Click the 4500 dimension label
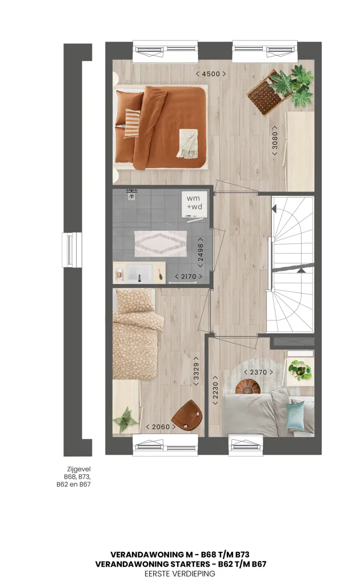point(211,74)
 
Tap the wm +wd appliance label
point(194,202)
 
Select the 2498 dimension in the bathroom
point(201,253)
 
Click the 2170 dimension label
point(189,277)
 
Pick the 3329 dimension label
point(196,371)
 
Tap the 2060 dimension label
point(161,426)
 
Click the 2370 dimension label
point(258,372)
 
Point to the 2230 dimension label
point(215,390)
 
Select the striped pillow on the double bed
point(131,123)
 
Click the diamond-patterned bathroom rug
point(161,243)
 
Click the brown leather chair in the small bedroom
point(187,415)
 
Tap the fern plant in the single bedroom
point(125,420)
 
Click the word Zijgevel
point(79,470)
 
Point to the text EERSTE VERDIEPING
point(180,574)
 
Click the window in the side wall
point(71,250)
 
